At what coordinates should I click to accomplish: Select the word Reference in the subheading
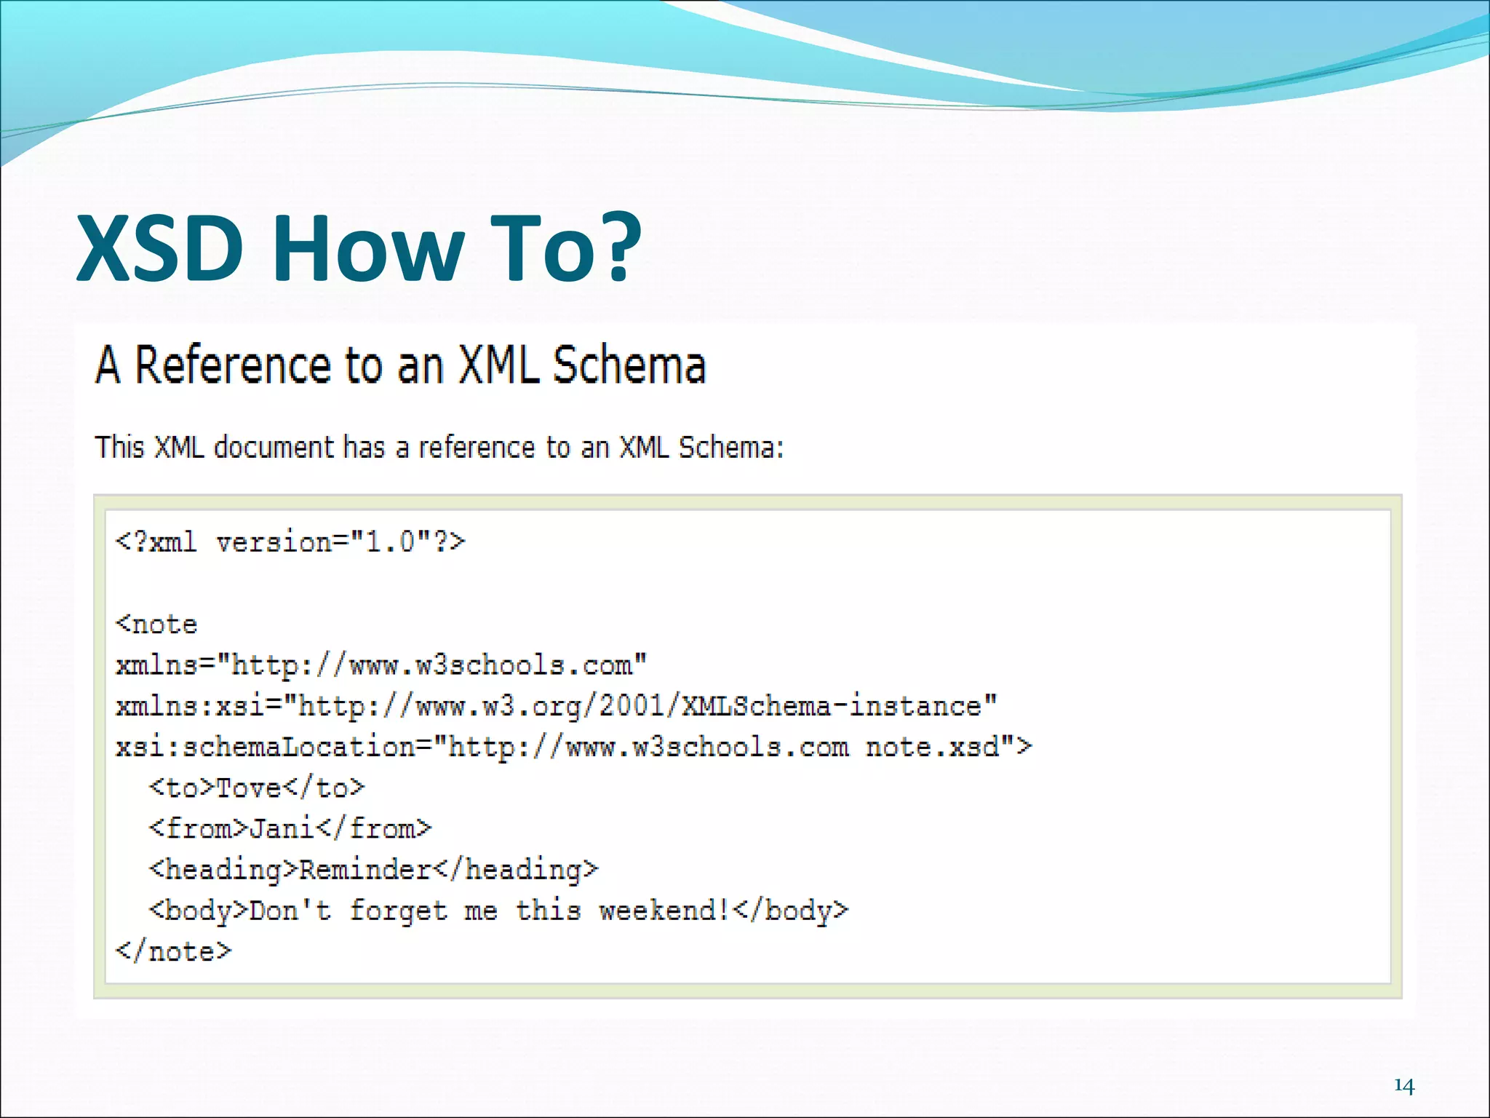(233, 365)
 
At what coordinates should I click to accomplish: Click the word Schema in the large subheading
(629, 365)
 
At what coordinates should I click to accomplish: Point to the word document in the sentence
(274, 447)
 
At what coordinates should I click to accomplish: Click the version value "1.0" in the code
(391, 542)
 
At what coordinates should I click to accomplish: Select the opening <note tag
(156, 625)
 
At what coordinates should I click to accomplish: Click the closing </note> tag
(173, 951)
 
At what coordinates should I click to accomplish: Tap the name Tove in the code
(249, 788)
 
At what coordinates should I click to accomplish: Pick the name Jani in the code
(282, 828)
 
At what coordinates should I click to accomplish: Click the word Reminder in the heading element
(366, 870)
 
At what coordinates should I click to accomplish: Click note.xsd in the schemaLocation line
(932, 747)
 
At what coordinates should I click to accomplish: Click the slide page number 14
(1403, 1086)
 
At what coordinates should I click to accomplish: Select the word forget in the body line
(398, 911)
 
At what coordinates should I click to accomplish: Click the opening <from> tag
(199, 828)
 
